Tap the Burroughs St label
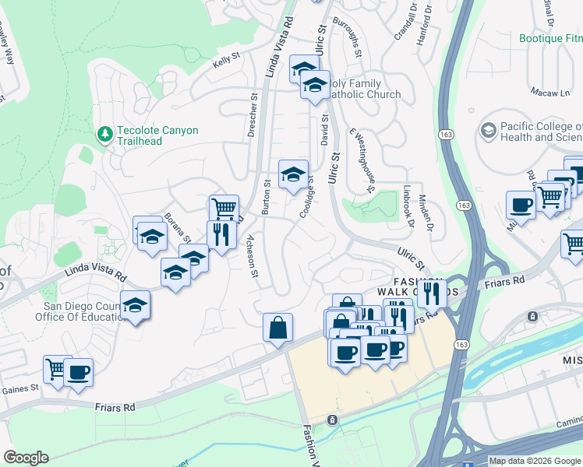click(348, 37)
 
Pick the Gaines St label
click(20, 388)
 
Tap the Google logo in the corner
click(26, 457)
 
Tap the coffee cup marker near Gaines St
click(78, 372)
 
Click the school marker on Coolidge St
click(293, 174)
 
